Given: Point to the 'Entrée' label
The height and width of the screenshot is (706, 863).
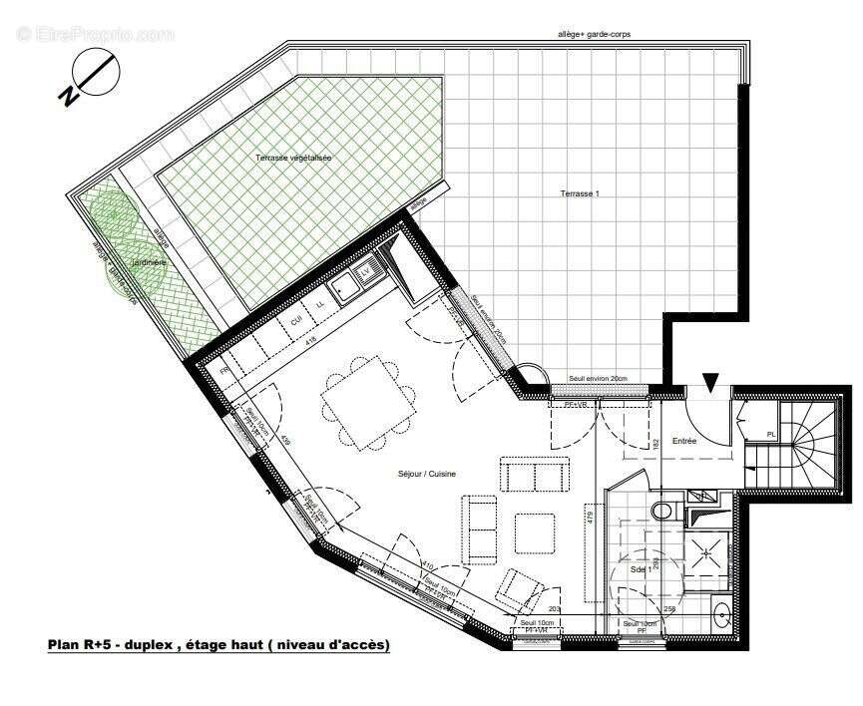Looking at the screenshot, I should [x=683, y=440].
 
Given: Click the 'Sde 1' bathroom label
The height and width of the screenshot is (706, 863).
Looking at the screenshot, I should [x=642, y=569].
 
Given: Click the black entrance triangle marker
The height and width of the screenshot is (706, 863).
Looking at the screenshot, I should [x=710, y=381].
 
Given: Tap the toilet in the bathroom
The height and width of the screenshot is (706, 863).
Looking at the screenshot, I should [x=661, y=511].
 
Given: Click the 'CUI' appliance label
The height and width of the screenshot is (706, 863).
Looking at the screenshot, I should [x=296, y=320].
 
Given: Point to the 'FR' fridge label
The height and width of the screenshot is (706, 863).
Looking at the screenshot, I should [x=225, y=370].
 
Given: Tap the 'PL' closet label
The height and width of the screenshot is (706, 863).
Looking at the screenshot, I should [x=771, y=434].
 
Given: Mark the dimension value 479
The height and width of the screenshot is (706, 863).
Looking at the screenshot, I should [x=590, y=518].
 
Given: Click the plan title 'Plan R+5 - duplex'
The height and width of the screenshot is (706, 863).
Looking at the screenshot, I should [x=218, y=645].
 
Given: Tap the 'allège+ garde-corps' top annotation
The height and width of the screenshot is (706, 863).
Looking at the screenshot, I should [x=594, y=34].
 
